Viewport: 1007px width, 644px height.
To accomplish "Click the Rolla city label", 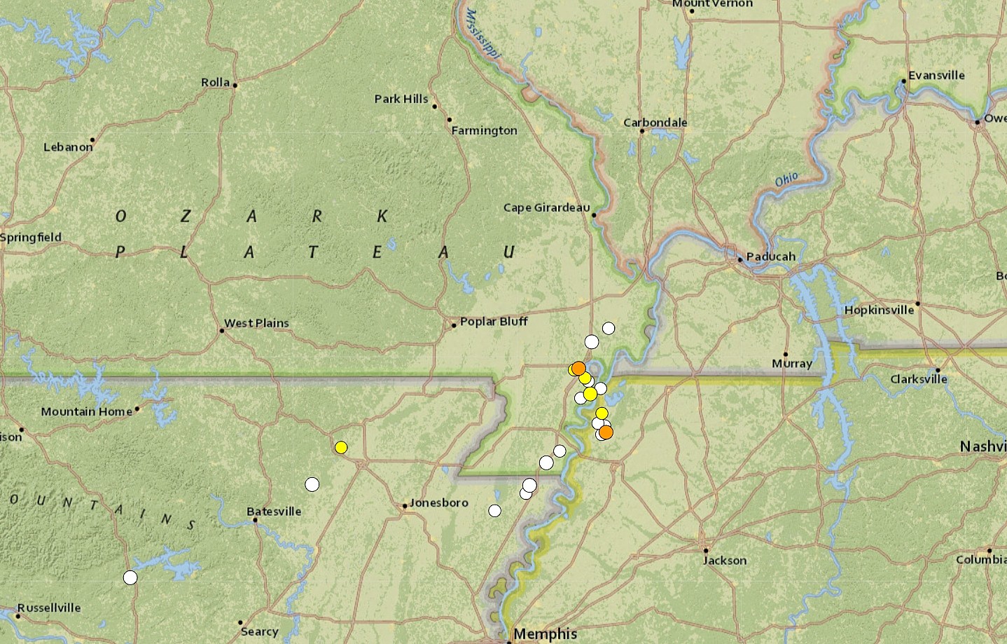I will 215,82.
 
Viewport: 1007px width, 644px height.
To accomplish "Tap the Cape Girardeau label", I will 546,207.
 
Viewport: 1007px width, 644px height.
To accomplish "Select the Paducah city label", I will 770,256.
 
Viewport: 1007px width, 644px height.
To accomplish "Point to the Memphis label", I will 545,634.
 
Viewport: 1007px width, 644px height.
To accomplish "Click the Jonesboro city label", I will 438,502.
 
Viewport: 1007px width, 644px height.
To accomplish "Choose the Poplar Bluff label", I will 494,321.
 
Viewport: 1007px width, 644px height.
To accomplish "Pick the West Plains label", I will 256,323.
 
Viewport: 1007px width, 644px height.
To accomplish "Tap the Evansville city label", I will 936,75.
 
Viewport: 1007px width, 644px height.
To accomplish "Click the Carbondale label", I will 655,122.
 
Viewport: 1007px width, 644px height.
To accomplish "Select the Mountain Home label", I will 86,411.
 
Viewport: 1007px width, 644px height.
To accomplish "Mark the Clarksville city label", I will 918,379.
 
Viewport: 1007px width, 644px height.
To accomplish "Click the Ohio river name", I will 786,180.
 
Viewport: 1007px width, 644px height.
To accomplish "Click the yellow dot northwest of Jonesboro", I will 341,447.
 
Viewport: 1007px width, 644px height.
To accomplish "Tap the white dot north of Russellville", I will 130,577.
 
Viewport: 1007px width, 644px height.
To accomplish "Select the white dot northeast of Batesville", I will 312,484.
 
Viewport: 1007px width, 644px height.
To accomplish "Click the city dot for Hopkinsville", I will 917,303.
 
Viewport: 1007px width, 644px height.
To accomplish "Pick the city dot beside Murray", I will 786,354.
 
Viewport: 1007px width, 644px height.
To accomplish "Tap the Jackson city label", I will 725,560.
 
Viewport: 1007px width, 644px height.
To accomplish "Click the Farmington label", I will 484,130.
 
